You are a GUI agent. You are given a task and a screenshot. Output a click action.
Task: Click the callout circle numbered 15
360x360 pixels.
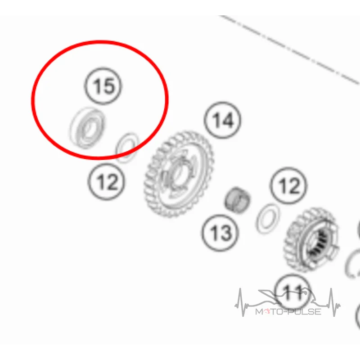[103, 86]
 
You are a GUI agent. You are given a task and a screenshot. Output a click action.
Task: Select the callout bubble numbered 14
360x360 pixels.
[222, 120]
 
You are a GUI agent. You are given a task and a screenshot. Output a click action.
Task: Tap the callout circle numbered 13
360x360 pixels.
[220, 233]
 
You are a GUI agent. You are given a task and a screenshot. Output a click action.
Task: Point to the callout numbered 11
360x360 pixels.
[292, 292]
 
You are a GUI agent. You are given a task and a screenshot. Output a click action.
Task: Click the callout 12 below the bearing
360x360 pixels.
[106, 182]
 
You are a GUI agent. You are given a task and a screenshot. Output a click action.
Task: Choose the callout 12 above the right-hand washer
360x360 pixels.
[288, 185]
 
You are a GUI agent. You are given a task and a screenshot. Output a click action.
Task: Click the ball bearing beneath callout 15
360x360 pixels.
[87, 128]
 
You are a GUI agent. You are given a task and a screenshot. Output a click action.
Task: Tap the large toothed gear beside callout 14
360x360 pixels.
[179, 174]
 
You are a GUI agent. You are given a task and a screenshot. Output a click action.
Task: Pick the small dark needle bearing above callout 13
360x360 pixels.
[237, 199]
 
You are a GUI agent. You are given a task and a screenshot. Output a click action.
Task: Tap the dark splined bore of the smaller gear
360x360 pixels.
[319, 244]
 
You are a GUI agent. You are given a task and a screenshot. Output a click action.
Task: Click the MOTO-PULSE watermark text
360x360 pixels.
[288, 311]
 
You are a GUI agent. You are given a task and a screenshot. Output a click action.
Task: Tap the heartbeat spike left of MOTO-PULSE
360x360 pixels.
[241, 302]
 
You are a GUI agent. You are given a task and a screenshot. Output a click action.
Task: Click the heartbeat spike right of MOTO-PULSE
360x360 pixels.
[333, 302]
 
